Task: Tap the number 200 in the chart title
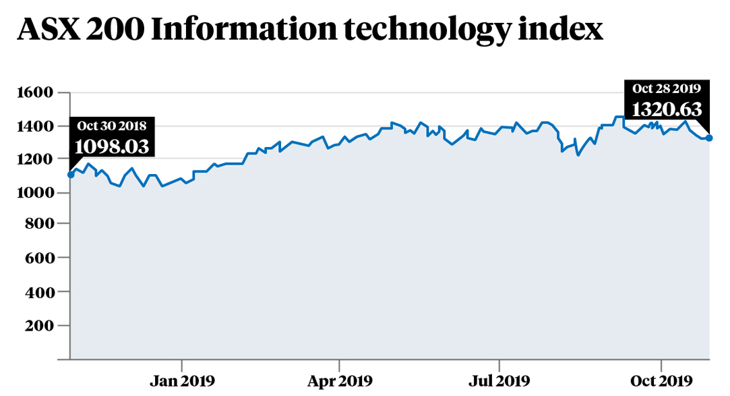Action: tap(118, 30)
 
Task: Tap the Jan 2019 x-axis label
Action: tap(181, 380)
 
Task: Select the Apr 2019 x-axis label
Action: tap(340, 380)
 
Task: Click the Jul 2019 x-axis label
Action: tap(499, 380)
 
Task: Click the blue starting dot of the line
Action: tap(71, 175)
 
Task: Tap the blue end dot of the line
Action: tap(709, 138)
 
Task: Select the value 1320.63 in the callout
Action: tap(667, 109)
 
